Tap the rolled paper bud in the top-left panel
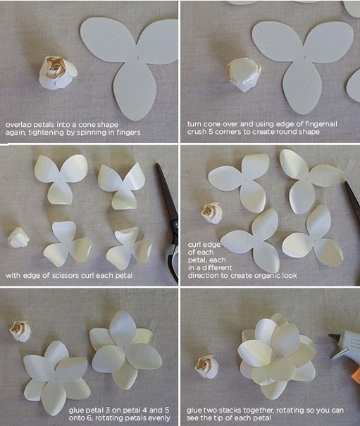pyautogui.click(x=58, y=73)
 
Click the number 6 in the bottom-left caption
pyautogui.click(x=89, y=418)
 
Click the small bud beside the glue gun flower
pyautogui.click(x=206, y=366)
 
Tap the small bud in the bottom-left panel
pyautogui.click(x=20, y=331)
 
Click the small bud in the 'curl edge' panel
pyautogui.click(x=212, y=213)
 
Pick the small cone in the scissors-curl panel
pyautogui.click(x=18, y=238)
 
